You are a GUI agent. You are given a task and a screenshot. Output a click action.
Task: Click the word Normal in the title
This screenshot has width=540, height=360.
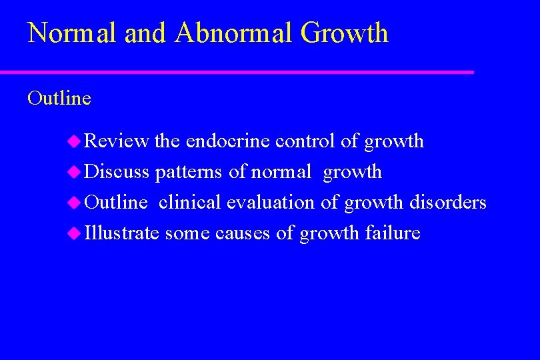pos(65,33)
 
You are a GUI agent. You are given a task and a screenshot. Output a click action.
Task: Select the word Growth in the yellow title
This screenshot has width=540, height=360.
pos(344,33)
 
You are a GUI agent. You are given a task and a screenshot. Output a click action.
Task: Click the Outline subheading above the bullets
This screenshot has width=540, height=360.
pos(59,99)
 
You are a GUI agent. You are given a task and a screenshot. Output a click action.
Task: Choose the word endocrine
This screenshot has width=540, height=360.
pos(228,141)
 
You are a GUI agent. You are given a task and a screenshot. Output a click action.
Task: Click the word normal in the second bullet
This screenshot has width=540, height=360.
pos(281,172)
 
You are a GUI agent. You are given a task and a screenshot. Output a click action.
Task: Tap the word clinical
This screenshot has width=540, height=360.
pos(190,203)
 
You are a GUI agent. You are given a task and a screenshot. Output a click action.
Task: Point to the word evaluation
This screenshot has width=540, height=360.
pos(271,203)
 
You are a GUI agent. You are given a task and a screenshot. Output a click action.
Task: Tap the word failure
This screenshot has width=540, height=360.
pos(393,233)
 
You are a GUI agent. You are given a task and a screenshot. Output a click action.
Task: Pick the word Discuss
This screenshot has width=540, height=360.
pos(117,172)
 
